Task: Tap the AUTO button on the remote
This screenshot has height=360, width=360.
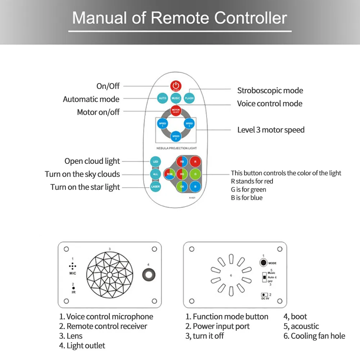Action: coord(163,98)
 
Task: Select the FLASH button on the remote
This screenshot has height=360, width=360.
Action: coord(189,98)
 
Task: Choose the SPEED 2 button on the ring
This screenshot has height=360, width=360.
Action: coord(176,136)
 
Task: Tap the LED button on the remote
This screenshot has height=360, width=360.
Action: coord(156,162)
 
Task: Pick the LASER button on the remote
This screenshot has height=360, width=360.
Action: coord(156,187)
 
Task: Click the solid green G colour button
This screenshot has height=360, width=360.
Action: coord(195,174)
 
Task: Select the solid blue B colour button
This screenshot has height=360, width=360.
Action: coord(195,187)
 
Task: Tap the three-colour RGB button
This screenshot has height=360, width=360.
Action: coord(169,174)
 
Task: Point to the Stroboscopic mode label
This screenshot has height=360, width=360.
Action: coord(270,90)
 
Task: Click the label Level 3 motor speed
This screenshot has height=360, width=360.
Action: coord(271,130)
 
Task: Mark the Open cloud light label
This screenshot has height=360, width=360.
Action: coord(92,161)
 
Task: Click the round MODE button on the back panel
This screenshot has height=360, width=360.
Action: coord(263,263)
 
